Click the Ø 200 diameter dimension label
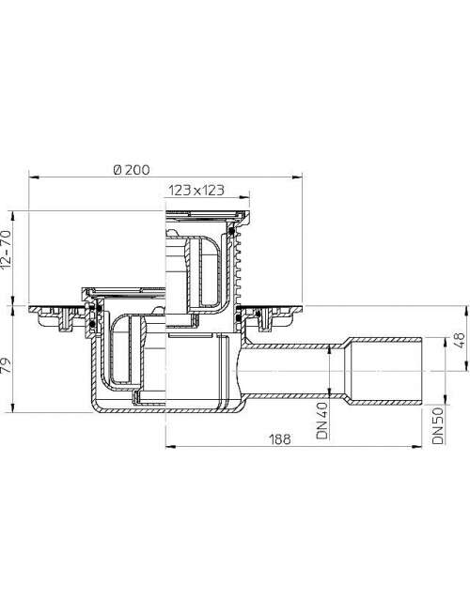point(132,170)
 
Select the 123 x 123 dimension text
point(196,191)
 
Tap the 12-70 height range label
point(7,250)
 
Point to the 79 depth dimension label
point(7,364)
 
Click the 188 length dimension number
point(280,438)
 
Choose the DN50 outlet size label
point(438,425)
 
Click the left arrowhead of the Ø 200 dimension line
point(34,177)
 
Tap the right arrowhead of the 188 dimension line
point(416,446)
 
